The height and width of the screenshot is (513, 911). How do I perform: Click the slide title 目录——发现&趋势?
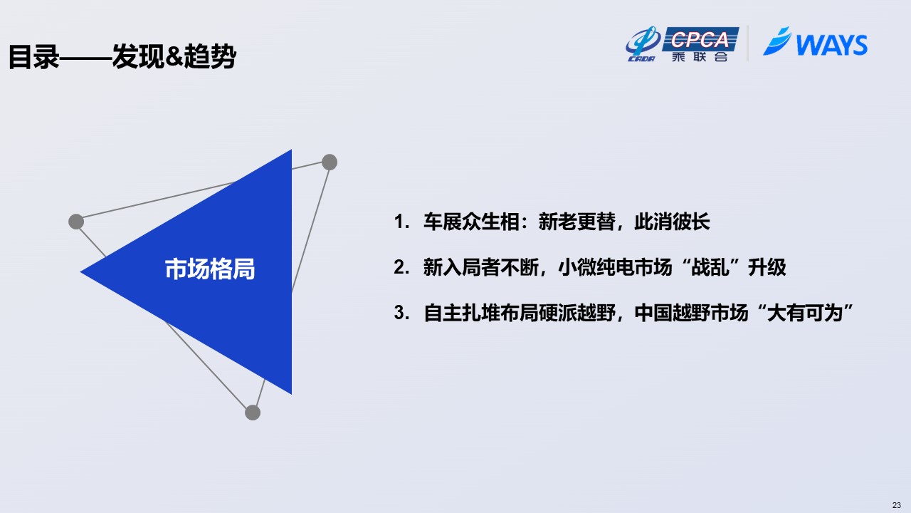(x=122, y=56)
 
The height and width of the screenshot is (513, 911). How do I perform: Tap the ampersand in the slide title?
(x=175, y=56)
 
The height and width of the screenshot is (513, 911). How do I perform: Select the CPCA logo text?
(x=700, y=39)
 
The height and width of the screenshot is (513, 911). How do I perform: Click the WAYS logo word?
(x=831, y=45)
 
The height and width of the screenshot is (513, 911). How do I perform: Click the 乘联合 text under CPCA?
(x=700, y=56)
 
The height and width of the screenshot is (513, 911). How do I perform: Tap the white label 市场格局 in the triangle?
(x=210, y=269)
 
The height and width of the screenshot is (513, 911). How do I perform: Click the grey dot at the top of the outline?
(x=330, y=162)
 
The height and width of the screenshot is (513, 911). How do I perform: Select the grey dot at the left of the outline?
(x=76, y=222)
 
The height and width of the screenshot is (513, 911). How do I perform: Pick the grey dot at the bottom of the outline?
(x=253, y=413)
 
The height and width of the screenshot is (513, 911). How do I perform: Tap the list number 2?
(x=401, y=267)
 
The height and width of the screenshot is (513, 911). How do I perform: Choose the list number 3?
(x=401, y=313)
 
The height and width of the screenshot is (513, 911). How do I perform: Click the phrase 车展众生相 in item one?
(x=471, y=222)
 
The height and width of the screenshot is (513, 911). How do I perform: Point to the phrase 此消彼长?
(x=672, y=222)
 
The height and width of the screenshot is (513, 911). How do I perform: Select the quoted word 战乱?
(x=710, y=267)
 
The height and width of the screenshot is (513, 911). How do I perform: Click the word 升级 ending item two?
(x=767, y=267)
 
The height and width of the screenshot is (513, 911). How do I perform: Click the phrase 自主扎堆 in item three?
(x=462, y=313)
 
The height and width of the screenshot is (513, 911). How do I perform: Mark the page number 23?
(x=897, y=505)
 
